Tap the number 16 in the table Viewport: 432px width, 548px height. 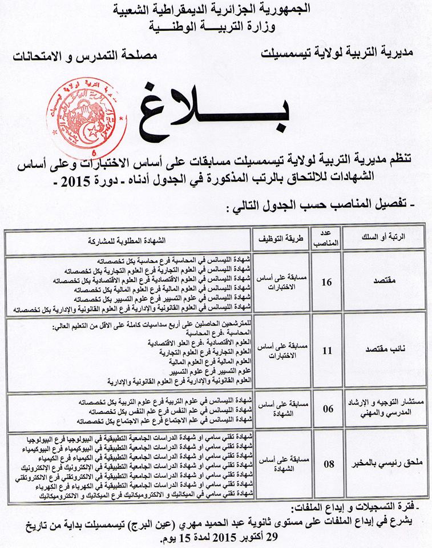pyautogui.click(x=327, y=282)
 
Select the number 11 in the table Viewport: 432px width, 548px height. pyautogui.click(x=327, y=350)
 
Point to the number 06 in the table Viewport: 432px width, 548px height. pyautogui.click(x=328, y=409)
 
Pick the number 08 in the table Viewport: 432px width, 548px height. pyautogui.click(x=329, y=464)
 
